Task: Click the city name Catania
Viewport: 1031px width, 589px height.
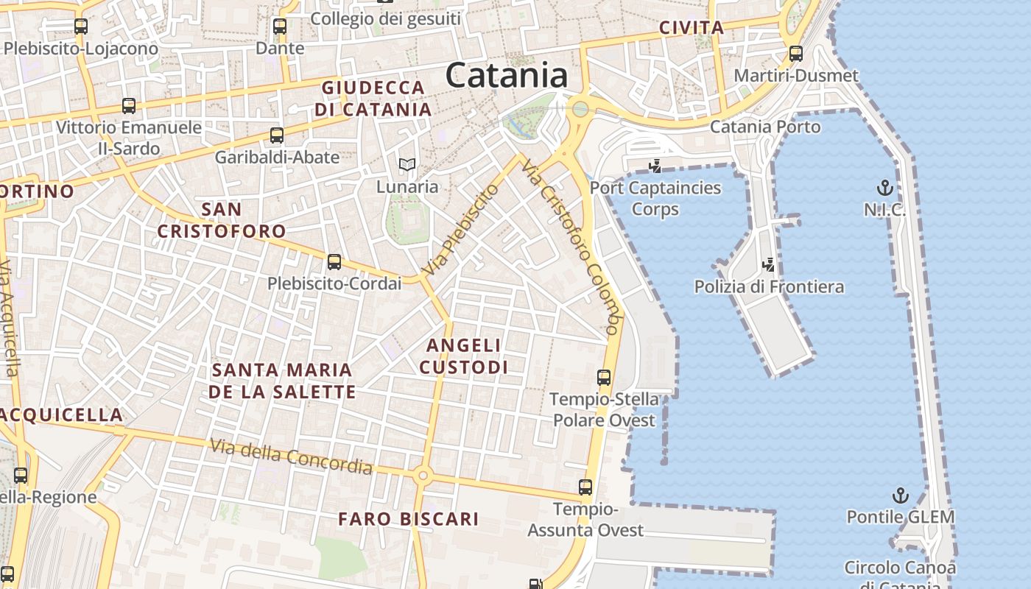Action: click(x=507, y=75)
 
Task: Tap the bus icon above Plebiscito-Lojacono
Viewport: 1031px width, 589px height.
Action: click(x=81, y=27)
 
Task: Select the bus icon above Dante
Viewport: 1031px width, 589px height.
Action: click(x=280, y=27)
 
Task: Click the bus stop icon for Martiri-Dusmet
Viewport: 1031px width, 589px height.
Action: click(x=796, y=53)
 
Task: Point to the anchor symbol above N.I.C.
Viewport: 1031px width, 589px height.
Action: click(x=884, y=188)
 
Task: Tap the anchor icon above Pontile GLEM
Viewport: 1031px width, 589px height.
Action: click(x=900, y=495)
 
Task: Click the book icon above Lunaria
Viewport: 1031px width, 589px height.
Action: click(x=407, y=165)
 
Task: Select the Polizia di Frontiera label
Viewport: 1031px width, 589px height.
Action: click(x=769, y=286)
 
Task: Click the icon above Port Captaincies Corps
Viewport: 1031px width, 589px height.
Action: click(x=655, y=166)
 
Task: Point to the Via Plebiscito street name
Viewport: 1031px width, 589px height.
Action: click(x=462, y=230)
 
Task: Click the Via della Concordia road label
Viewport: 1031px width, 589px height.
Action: click(x=291, y=456)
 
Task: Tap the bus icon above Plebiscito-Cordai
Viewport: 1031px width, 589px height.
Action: click(x=334, y=261)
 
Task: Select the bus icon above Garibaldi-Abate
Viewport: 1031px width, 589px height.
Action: click(x=277, y=135)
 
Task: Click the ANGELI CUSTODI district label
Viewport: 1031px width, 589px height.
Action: click(x=464, y=356)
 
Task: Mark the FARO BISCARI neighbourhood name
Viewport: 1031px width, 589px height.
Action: click(x=409, y=519)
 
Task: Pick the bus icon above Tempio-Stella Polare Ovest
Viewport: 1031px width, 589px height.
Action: click(x=604, y=378)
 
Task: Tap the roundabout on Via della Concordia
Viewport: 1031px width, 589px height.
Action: click(x=422, y=476)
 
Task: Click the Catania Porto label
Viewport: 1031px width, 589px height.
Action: click(x=764, y=127)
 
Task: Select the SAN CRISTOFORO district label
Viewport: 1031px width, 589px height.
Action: click(x=221, y=219)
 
